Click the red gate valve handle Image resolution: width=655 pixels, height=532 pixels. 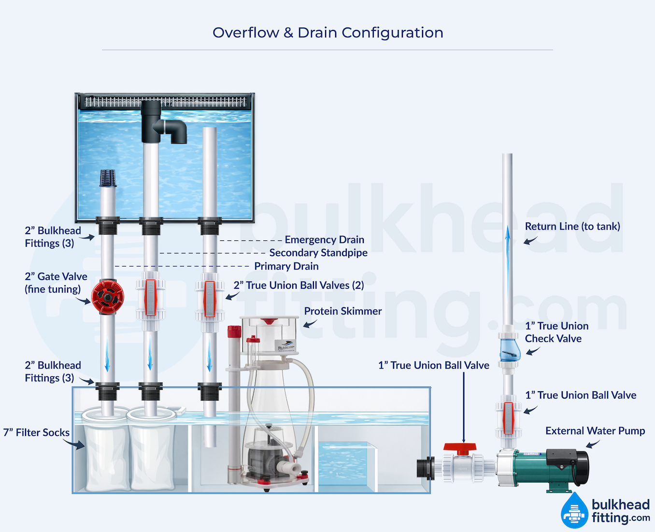coord(108,296)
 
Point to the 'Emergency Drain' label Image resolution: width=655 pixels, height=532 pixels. coord(324,240)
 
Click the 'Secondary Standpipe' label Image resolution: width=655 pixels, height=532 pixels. coord(318,253)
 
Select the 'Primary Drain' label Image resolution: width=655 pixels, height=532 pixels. coord(286,266)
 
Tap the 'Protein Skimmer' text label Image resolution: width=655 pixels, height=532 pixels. coord(342,311)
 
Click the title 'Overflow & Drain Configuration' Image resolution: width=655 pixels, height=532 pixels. coord(327,33)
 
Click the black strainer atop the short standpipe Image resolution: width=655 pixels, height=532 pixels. coord(108,178)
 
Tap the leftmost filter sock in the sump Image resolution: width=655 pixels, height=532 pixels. coord(106,455)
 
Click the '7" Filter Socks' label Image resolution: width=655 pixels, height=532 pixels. coord(36,432)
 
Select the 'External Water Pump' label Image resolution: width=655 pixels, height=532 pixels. coord(595,431)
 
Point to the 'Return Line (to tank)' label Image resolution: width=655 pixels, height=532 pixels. coord(572,226)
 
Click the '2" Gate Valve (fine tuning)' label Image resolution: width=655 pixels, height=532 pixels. coord(56,283)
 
